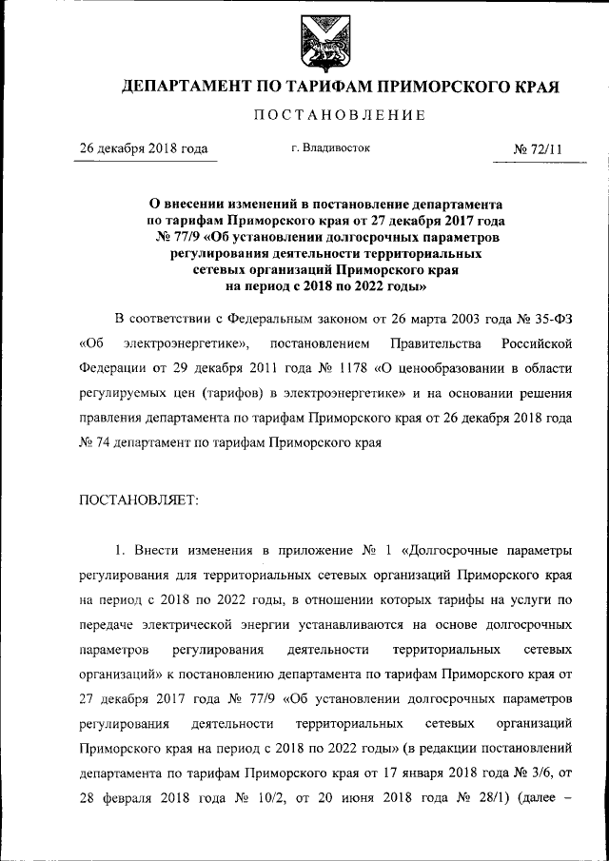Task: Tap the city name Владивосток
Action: pos(337,148)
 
